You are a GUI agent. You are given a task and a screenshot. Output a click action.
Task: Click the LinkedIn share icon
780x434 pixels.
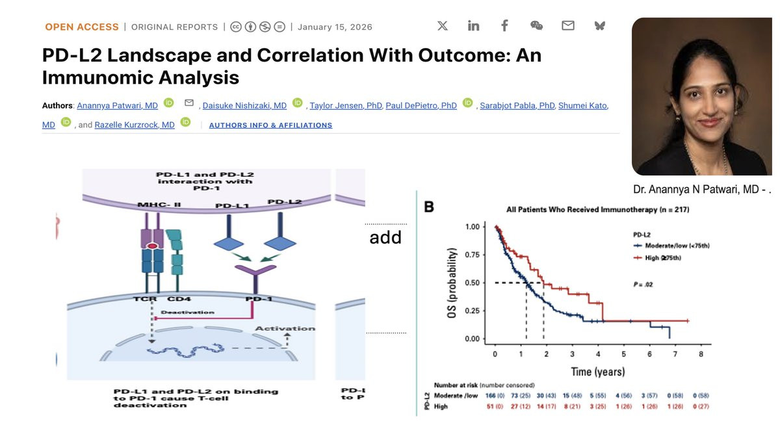(473, 26)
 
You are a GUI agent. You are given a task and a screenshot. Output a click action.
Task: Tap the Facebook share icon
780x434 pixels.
(504, 26)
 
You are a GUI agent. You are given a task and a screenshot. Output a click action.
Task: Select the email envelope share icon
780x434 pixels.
(568, 26)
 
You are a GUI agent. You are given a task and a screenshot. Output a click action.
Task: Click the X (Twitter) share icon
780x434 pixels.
(443, 26)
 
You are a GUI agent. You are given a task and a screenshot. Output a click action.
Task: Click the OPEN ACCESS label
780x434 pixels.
(82, 27)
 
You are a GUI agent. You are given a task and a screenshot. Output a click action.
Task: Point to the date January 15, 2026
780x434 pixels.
(335, 27)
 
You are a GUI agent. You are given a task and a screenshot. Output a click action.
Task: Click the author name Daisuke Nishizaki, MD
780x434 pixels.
(244, 106)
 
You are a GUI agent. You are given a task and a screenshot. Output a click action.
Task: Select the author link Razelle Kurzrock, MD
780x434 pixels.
(135, 125)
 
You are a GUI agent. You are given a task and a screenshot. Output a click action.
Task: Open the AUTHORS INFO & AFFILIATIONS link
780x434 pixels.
(270, 125)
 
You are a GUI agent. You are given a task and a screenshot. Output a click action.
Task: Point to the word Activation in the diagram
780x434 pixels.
(284, 329)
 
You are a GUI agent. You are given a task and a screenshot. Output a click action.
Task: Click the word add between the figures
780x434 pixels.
(385, 238)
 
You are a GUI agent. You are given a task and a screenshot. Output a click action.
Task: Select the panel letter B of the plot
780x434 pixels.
(429, 207)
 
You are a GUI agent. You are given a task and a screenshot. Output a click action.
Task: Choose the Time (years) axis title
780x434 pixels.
(598, 372)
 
